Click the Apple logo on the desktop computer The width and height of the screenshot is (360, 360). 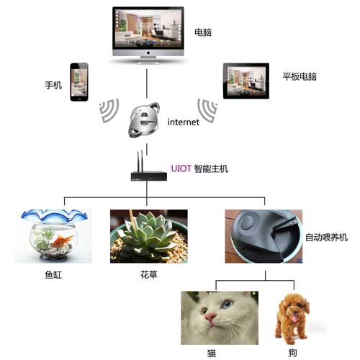[148, 53]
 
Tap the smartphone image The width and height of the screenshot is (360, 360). [79, 82]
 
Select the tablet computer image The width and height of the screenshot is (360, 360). [246, 81]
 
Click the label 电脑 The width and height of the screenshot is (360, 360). [203, 32]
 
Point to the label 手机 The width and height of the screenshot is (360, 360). [53, 85]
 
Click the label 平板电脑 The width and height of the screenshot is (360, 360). [300, 76]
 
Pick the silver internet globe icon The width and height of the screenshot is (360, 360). [144, 120]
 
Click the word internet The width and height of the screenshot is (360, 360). [183, 122]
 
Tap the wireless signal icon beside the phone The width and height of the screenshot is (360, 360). [109, 110]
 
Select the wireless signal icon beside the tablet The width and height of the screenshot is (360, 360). [207, 110]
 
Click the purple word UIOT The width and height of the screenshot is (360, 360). [181, 168]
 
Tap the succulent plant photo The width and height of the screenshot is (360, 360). [149, 236]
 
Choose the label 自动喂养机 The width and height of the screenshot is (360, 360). [326, 238]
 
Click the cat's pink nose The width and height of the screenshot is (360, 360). [210, 318]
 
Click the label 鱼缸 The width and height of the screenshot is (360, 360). [53, 274]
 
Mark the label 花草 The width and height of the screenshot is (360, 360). [149, 274]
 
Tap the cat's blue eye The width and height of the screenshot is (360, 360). [226, 304]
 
